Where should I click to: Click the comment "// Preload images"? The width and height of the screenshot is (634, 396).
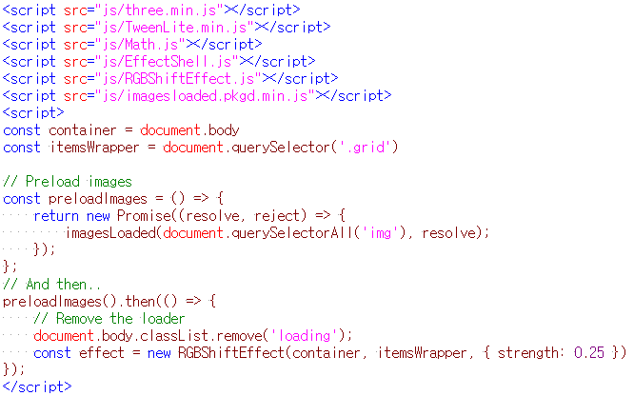point(68,181)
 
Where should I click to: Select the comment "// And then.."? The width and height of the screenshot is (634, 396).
point(52,284)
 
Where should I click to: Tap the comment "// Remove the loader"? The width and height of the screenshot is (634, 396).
point(109,318)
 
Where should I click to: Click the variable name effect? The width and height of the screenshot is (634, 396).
point(101,352)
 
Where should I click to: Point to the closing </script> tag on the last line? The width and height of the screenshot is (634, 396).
point(37,386)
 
